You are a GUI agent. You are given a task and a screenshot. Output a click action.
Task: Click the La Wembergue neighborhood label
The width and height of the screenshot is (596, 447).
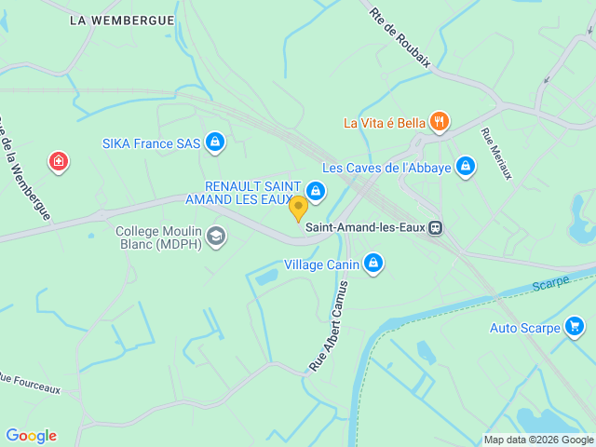pyautogui.click(x=121, y=20)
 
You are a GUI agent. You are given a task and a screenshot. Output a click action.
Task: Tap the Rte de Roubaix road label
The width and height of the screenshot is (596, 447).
pyautogui.click(x=400, y=37)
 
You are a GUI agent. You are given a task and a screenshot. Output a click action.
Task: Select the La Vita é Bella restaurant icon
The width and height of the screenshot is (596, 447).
pyautogui.click(x=440, y=122)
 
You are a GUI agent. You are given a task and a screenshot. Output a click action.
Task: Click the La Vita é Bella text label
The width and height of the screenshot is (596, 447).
pyautogui.click(x=384, y=123)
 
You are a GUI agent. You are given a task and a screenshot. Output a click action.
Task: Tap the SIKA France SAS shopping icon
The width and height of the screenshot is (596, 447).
pyautogui.click(x=215, y=142)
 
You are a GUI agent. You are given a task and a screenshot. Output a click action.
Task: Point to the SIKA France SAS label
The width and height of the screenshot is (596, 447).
pyautogui.click(x=150, y=143)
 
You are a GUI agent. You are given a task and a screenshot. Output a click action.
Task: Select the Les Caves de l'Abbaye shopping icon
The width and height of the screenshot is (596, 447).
pyautogui.click(x=466, y=168)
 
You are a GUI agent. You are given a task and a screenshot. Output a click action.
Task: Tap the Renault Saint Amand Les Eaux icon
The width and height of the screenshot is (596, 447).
pyautogui.click(x=317, y=192)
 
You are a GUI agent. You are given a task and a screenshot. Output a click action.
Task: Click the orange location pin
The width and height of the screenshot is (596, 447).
pyautogui.click(x=298, y=208)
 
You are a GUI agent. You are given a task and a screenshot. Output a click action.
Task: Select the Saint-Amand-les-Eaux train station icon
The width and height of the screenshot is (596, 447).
pyautogui.click(x=436, y=227)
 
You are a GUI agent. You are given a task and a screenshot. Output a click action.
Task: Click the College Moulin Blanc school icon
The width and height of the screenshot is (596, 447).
pyautogui.click(x=216, y=237)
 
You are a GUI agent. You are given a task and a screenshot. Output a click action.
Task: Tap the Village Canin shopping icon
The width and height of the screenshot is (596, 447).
pyautogui.click(x=373, y=264)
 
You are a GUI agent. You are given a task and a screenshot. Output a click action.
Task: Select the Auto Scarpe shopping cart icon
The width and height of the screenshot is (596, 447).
pyautogui.click(x=575, y=327)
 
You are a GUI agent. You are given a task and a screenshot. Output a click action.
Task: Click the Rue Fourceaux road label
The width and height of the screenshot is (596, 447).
pyautogui.click(x=29, y=383)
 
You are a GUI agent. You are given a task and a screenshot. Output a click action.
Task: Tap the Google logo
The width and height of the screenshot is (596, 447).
pyautogui.click(x=31, y=436)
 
